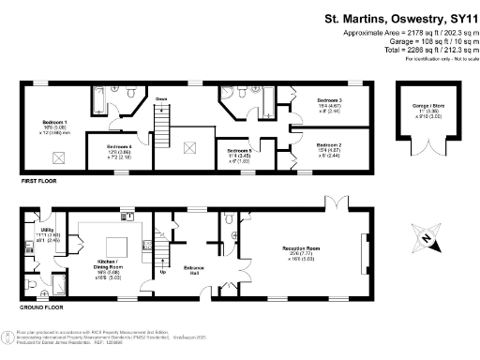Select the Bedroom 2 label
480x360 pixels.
click(329, 145)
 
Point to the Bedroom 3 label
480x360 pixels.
click(329, 99)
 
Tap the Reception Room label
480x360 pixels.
click(306, 248)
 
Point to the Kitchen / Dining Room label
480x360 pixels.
click(109, 260)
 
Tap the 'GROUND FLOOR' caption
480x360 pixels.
click(43, 307)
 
